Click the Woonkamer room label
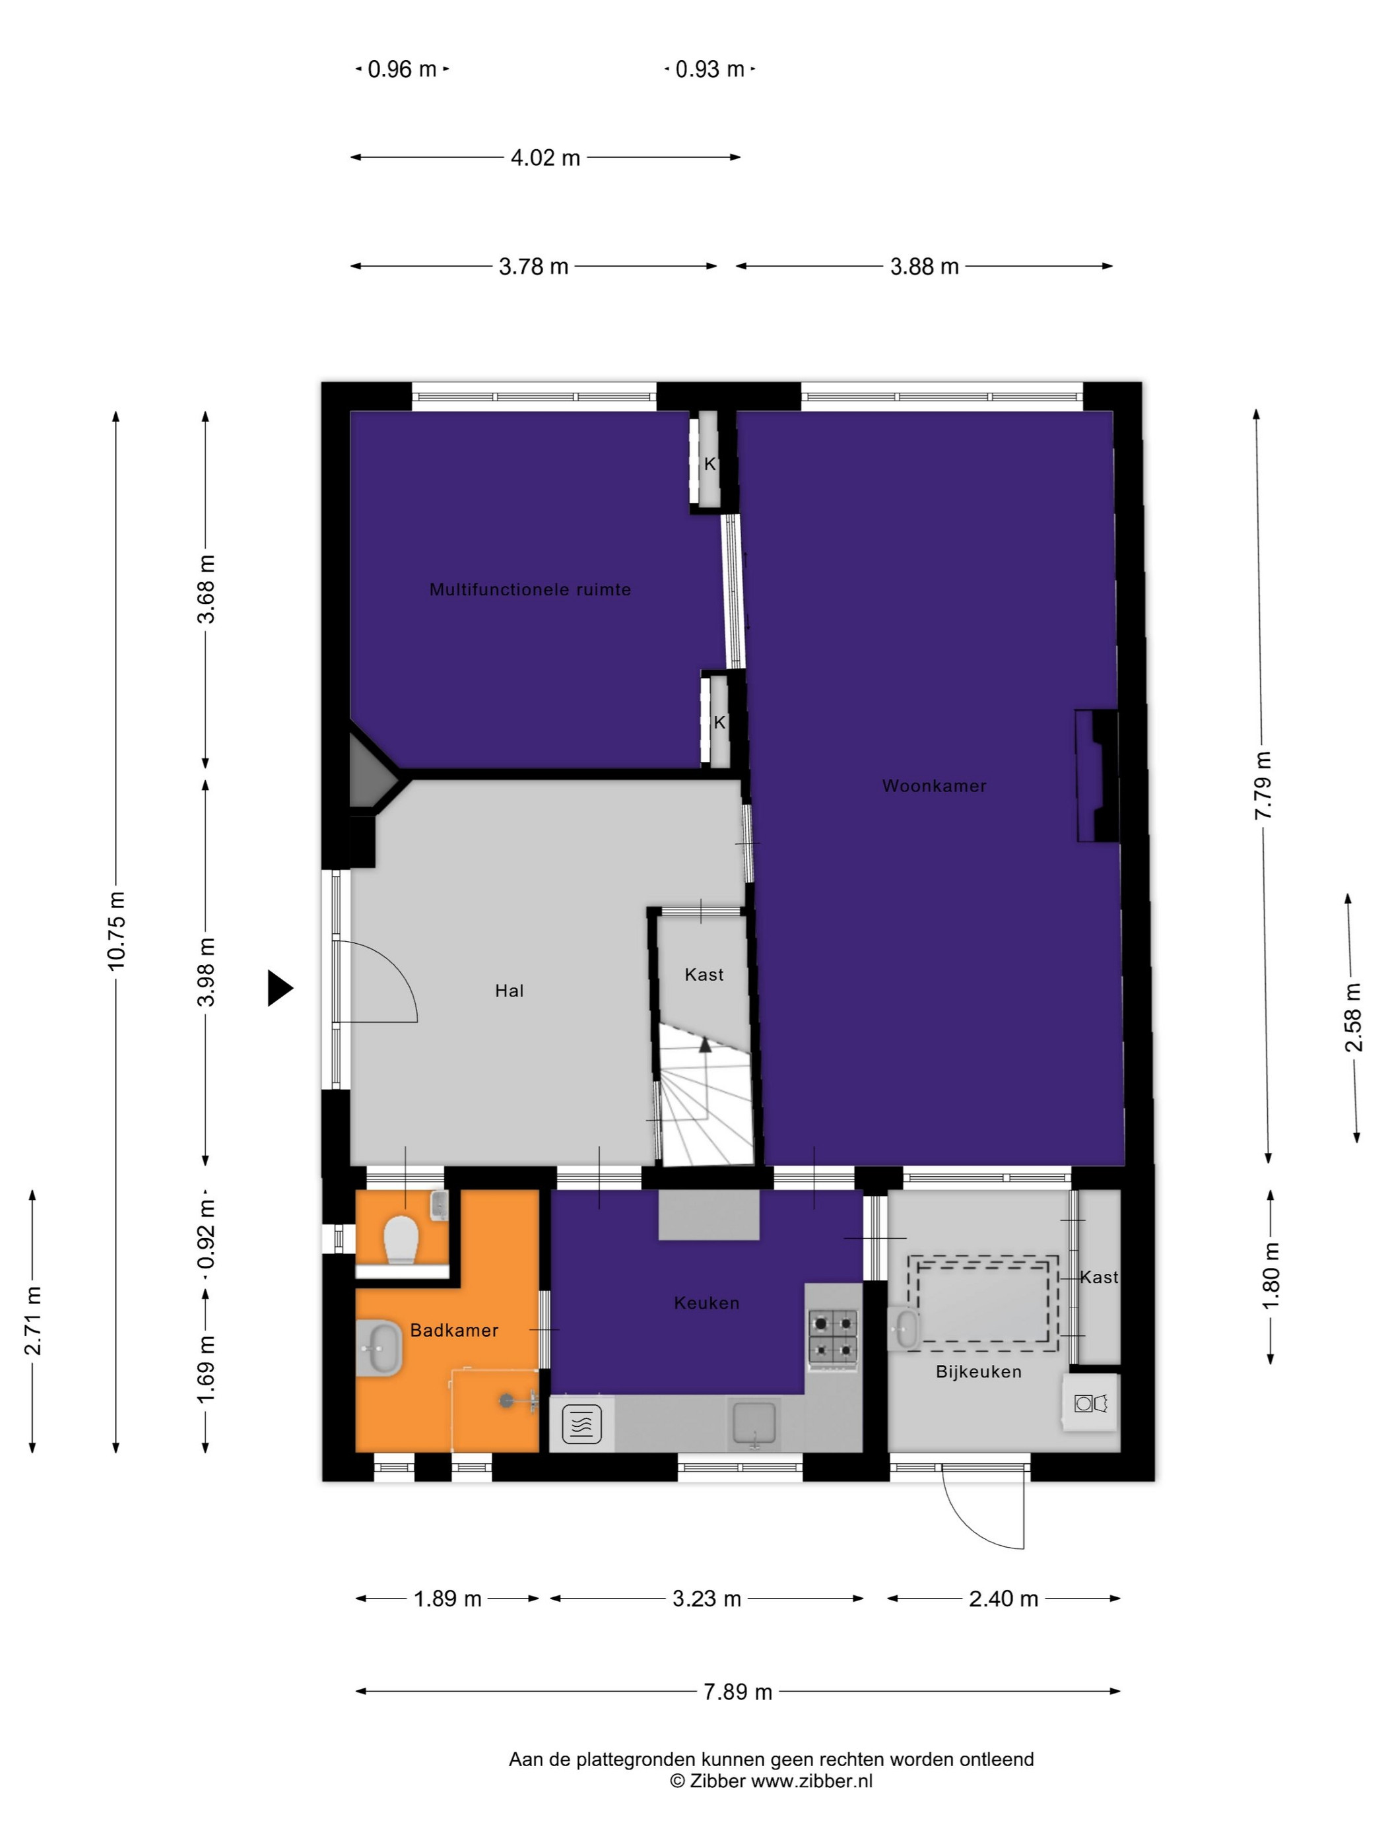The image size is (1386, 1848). click(934, 785)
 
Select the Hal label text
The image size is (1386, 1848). click(509, 990)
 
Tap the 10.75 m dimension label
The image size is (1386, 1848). click(116, 930)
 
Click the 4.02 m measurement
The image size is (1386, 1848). click(544, 157)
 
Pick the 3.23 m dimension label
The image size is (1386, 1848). click(707, 1599)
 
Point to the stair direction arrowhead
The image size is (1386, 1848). click(705, 1043)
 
